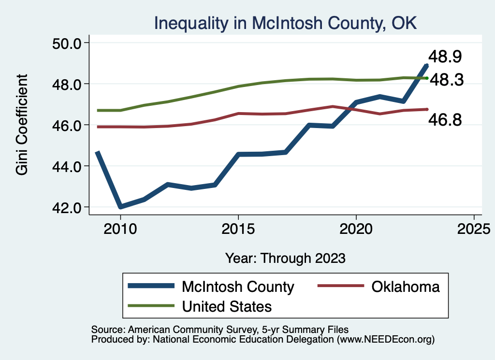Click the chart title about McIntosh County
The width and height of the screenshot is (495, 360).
click(285, 23)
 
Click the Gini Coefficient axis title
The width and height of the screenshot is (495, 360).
click(22, 125)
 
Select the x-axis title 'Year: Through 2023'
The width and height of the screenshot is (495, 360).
click(286, 258)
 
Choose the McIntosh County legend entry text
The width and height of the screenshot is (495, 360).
click(238, 287)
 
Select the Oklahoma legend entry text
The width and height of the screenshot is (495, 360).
click(406, 287)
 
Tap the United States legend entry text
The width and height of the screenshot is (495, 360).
click(227, 306)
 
